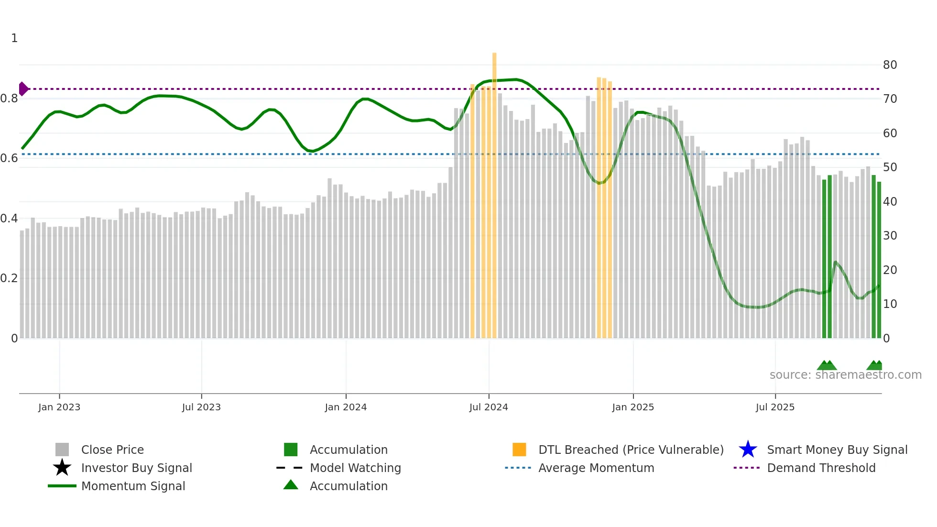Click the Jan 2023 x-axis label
click(x=59, y=407)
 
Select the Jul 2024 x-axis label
click(x=489, y=407)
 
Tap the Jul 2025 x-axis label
click(x=775, y=407)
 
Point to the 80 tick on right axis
click(x=890, y=65)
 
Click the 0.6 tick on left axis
click(x=9, y=158)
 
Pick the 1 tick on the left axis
click(x=14, y=38)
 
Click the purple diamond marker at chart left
click(x=23, y=89)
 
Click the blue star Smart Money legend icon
click(x=748, y=450)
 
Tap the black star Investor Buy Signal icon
click(x=62, y=468)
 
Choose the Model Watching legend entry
click(x=355, y=468)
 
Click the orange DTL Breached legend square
click(x=519, y=450)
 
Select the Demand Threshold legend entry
click(x=821, y=468)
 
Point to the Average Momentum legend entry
click(x=596, y=468)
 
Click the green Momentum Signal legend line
click(x=62, y=486)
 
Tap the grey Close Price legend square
click(x=62, y=450)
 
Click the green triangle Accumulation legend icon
click(x=291, y=485)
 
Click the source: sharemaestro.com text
click(x=845, y=375)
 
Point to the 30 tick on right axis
click(x=890, y=236)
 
